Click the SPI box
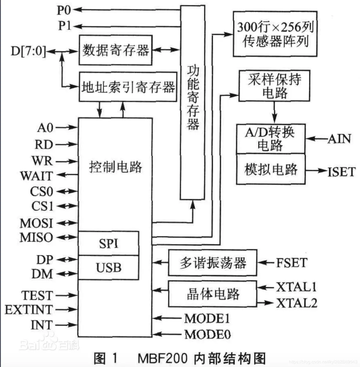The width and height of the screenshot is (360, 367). pos(109,243)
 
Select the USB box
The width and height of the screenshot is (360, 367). pos(109,267)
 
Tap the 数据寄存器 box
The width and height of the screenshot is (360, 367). pos(116,50)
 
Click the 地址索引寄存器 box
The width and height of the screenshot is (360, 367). pos(128,87)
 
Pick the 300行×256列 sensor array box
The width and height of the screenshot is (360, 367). pos(275,34)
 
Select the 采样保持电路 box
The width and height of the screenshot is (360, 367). pos(274,86)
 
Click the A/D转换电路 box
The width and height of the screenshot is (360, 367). pos(270,139)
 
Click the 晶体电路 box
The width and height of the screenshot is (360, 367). pos(213,294)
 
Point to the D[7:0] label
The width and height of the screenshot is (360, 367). pos(28,51)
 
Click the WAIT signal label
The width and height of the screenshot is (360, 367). pos(37,176)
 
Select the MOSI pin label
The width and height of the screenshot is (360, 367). pos(36,223)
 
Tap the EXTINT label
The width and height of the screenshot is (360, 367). pos(28,310)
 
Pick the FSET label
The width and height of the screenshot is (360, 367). pos(291,263)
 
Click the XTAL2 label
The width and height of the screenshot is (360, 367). pos(296,303)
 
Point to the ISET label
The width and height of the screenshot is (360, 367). pos(341,172)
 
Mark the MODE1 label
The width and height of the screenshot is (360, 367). pos(207,319)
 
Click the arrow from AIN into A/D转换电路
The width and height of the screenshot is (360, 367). pos(316,139)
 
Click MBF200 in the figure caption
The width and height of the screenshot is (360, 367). pos(163,358)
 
